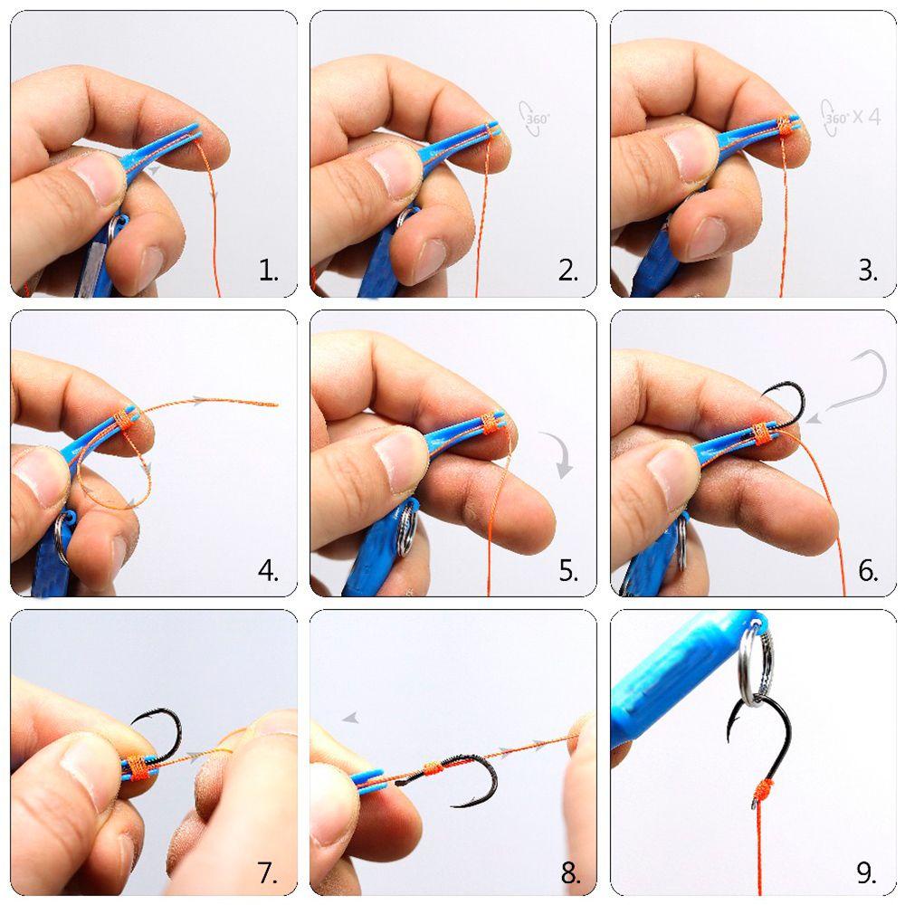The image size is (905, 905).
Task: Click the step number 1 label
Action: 268,270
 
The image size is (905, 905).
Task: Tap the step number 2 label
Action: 567,270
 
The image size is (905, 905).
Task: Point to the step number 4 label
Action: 268,570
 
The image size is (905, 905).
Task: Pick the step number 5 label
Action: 567,570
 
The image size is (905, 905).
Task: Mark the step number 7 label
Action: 268,872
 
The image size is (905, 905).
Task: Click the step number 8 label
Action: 569,872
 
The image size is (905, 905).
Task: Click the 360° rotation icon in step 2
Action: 535,117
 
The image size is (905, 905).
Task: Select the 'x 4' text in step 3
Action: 866,117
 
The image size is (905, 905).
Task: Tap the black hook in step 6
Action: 784,403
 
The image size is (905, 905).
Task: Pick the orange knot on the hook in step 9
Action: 764,789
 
